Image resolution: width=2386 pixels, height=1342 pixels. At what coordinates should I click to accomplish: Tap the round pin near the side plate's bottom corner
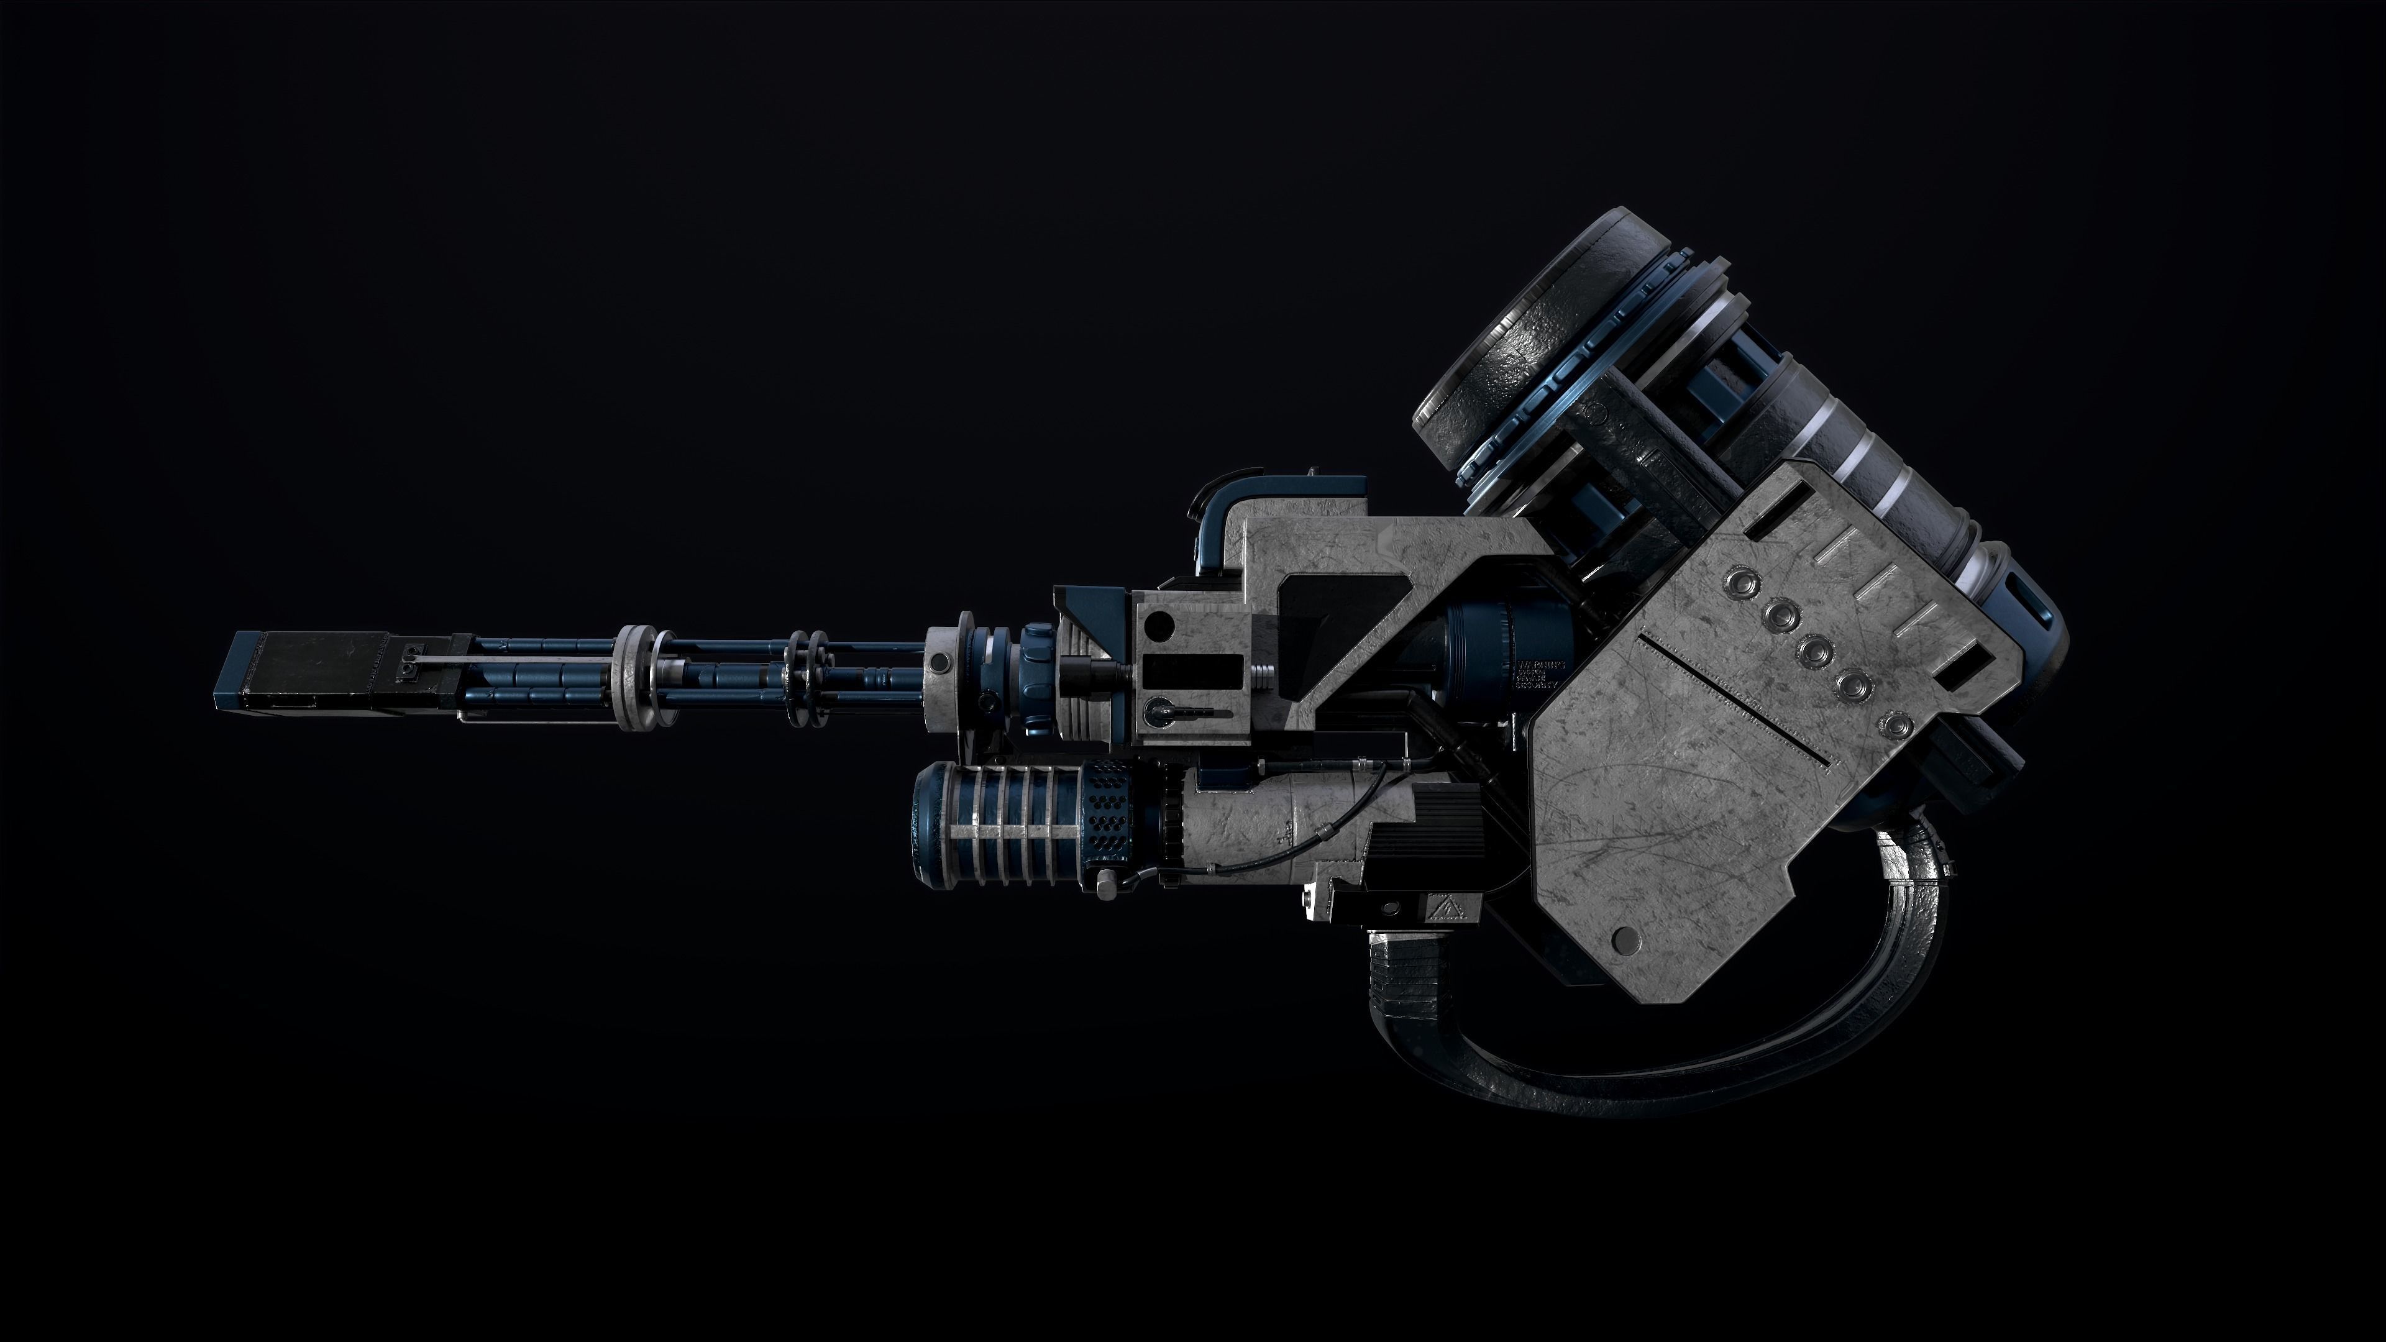coord(1625,940)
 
